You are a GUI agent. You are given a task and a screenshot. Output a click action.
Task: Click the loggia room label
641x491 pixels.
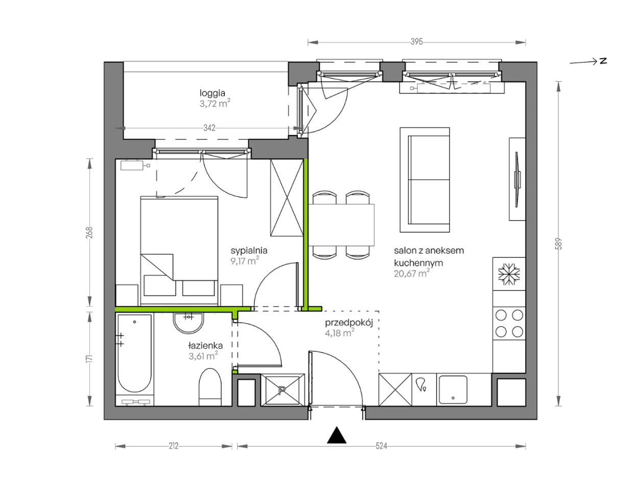tap(212, 93)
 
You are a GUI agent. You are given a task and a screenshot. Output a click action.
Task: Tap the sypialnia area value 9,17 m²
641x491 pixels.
tap(245, 260)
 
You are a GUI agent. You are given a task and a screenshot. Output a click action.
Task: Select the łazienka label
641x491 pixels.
tap(205, 345)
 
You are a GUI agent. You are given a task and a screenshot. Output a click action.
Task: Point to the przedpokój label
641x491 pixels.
tap(349, 323)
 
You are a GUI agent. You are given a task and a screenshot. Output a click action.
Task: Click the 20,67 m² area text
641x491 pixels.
tap(412, 273)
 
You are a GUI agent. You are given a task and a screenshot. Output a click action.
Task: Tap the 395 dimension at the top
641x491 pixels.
tap(416, 42)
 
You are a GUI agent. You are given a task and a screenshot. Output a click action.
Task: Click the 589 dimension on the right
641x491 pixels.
tap(559, 244)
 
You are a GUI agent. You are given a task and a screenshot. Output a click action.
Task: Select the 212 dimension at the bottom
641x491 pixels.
tap(174, 446)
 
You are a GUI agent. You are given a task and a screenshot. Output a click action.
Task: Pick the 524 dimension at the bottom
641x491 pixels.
tap(381, 446)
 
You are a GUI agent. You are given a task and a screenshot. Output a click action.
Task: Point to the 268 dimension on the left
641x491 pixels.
tap(89, 233)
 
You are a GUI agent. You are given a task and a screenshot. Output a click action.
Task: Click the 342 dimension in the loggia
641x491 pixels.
tap(209, 128)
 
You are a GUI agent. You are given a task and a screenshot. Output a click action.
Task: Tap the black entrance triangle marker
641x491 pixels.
tap(337, 435)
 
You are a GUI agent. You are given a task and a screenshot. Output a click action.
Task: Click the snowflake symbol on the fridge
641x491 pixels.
tap(509, 274)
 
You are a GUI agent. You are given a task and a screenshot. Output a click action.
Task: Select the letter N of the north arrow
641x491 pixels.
tap(603, 61)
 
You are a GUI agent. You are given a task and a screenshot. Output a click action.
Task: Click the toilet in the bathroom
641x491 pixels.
tap(210, 387)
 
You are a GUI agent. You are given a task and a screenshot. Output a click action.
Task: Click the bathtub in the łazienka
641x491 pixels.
tap(134, 353)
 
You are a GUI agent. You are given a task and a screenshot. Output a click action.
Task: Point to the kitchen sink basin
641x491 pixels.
tap(453, 390)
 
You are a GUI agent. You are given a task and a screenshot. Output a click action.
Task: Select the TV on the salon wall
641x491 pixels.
tap(517, 180)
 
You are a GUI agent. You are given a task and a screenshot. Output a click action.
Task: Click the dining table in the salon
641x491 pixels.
tap(341, 225)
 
